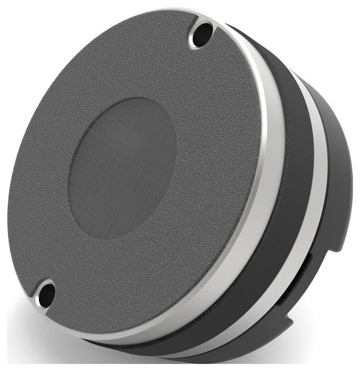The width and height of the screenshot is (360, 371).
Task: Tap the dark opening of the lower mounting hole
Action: click(46, 293)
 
